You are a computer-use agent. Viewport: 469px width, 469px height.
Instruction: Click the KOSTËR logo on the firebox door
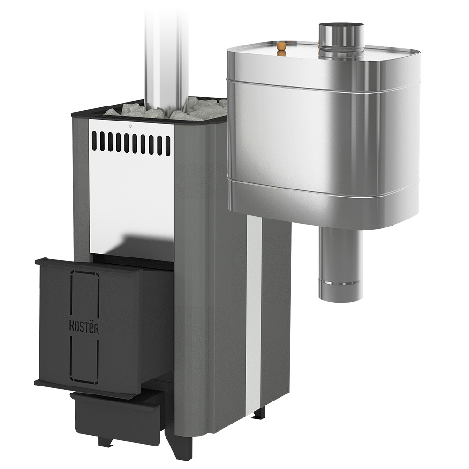tap(84, 327)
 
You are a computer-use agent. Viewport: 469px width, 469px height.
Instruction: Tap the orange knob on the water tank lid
tap(281, 48)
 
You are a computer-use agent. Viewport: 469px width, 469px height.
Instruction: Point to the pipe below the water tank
tap(340, 264)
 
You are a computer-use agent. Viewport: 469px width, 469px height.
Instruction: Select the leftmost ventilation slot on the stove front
tap(94, 141)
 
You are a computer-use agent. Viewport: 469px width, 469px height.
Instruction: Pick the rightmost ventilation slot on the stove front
tap(168, 146)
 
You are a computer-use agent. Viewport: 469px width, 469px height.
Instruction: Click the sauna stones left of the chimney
tap(135, 111)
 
